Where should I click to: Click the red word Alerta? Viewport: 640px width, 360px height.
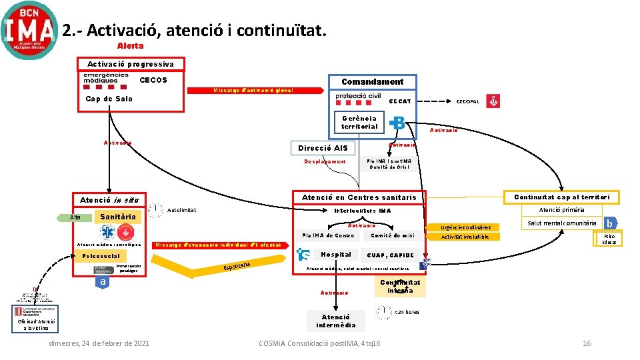point(130,46)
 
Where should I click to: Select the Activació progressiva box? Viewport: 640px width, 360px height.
point(131,64)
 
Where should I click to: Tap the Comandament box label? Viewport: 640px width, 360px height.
point(372,82)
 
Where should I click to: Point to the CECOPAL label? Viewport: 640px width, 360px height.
point(467,101)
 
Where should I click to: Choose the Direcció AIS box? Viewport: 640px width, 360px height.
point(323,148)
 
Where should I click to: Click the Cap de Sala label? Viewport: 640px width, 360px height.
point(109,99)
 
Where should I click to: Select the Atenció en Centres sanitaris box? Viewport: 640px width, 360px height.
point(359,197)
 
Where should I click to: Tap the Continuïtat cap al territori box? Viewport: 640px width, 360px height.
point(561,197)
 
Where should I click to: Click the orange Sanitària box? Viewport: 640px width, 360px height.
point(118,217)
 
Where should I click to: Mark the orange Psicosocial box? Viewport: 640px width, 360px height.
point(101,256)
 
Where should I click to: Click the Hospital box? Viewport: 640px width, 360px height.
point(335,255)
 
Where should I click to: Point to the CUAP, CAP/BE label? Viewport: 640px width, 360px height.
point(390,255)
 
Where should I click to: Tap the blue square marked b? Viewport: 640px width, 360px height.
point(608,223)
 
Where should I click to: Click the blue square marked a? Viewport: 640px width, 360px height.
point(102,282)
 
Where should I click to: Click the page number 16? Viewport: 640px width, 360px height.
point(587,343)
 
